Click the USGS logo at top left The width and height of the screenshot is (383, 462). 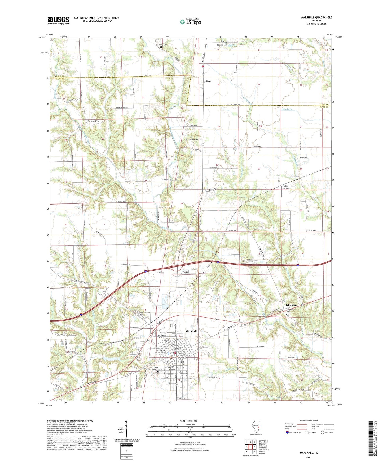pyautogui.click(x=58, y=20)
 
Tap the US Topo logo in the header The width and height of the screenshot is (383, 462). pyautogui.click(x=190, y=22)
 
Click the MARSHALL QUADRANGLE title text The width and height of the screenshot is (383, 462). pyautogui.click(x=316, y=17)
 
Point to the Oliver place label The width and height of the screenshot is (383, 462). pyautogui.click(x=208, y=81)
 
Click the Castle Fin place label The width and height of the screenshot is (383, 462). pyautogui.click(x=93, y=121)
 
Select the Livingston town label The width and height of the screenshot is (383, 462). pyautogui.click(x=290, y=305)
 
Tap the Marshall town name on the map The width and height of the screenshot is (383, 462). pyautogui.click(x=191, y=331)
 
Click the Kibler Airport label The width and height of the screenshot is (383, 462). pyautogui.click(x=286, y=187)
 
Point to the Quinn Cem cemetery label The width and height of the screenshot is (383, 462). pyautogui.click(x=163, y=44)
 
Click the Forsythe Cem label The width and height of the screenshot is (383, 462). pyautogui.click(x=193, y=140)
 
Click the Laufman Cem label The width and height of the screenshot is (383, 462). pyautogui.click(x=222, y=45)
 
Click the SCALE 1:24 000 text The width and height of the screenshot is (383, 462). pyautogui.click(x=188, y=421)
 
